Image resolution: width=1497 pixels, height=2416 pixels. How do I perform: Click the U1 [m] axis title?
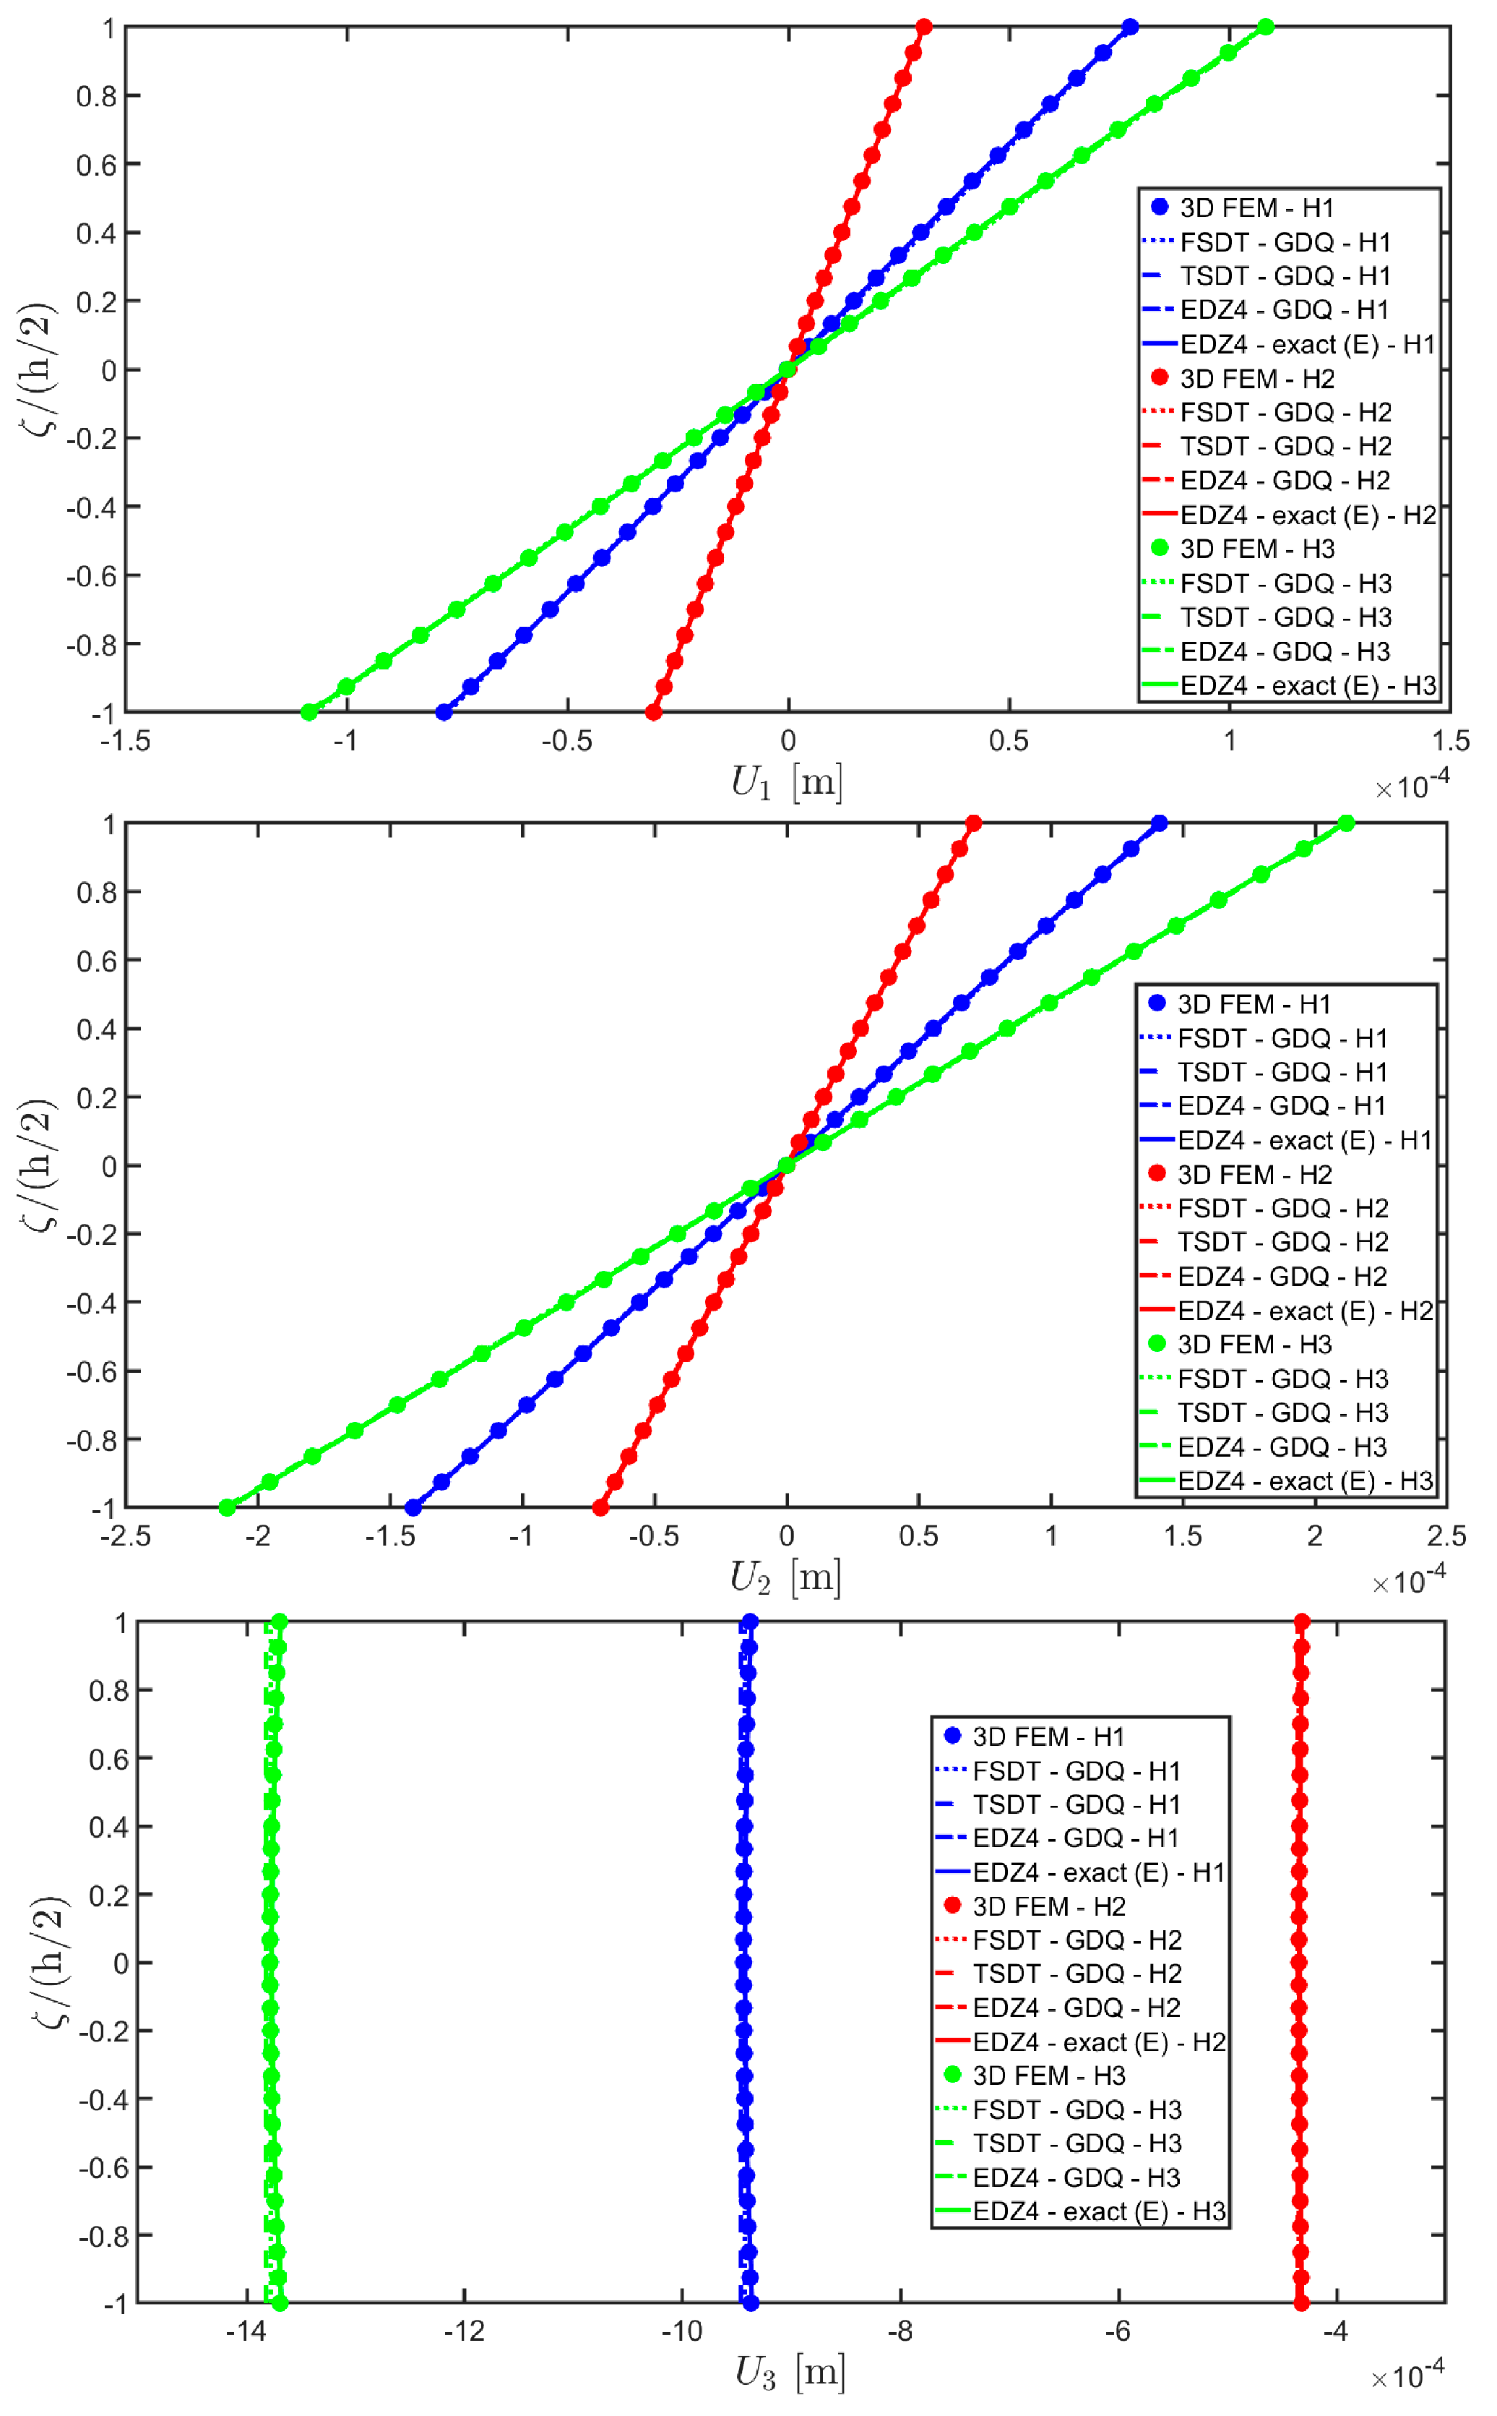click(786, 784)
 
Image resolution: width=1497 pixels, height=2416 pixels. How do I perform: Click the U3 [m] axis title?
click(789, 2373)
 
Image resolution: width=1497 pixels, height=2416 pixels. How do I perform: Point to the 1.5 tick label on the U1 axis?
click(1451, 741)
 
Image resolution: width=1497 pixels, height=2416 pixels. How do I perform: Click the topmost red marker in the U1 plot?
click(924, 27)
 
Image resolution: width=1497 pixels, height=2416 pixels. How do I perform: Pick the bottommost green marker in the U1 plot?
click(309, 712)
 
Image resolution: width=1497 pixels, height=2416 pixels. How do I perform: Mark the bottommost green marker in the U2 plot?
click(227, 1507)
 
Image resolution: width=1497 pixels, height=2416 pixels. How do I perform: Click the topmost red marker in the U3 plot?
click(1302, 1622)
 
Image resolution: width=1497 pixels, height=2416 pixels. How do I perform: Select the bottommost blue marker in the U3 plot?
click(751, 2303)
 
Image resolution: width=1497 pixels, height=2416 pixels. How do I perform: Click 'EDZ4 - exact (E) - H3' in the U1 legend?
click(1307, 685)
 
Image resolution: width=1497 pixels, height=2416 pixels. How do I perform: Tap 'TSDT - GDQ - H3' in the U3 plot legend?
click(1077, 2143)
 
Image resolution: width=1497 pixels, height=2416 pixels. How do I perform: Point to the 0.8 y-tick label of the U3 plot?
click(109, 1691)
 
